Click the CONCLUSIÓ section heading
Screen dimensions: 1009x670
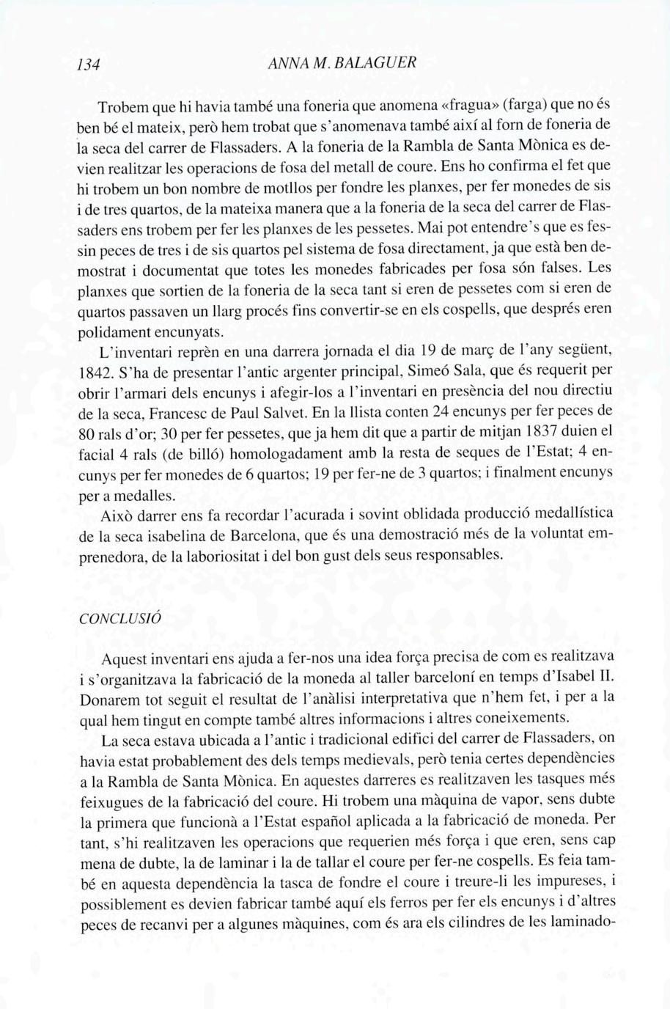coord(119,617)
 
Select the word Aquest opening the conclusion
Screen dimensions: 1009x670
coord(125,655)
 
